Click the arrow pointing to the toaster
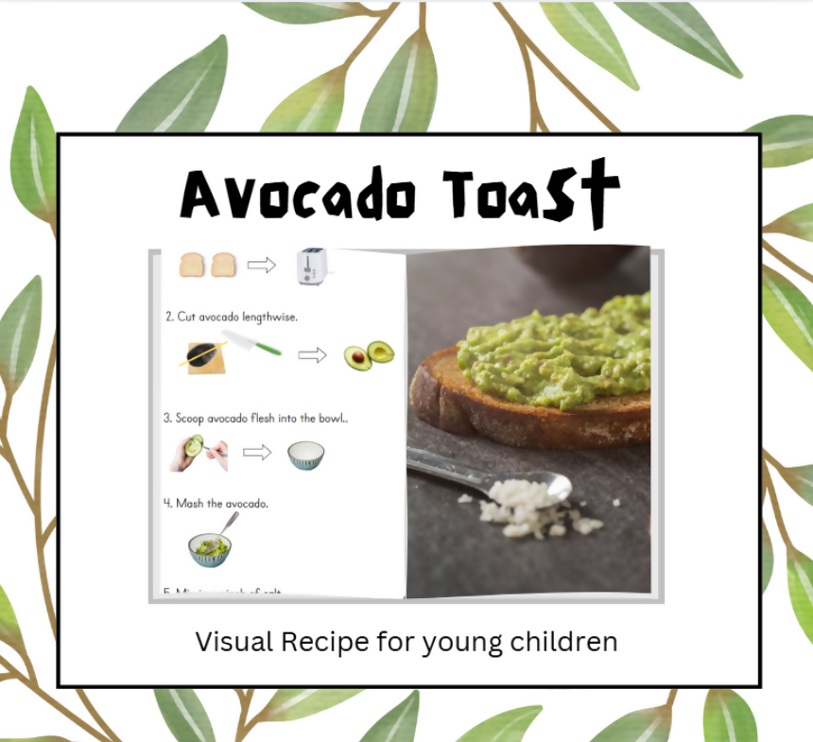point(262,266)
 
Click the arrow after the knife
point(312,355)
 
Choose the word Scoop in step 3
point(192,417)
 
